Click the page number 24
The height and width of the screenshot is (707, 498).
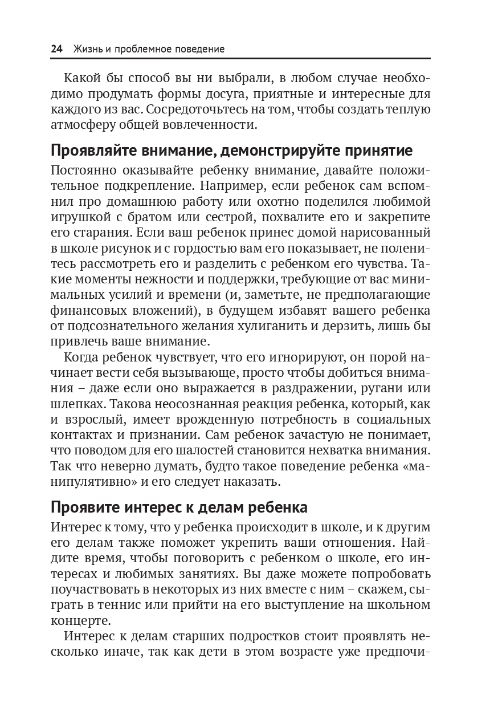coord(56,49)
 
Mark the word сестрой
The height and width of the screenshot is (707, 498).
coord(227,217)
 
